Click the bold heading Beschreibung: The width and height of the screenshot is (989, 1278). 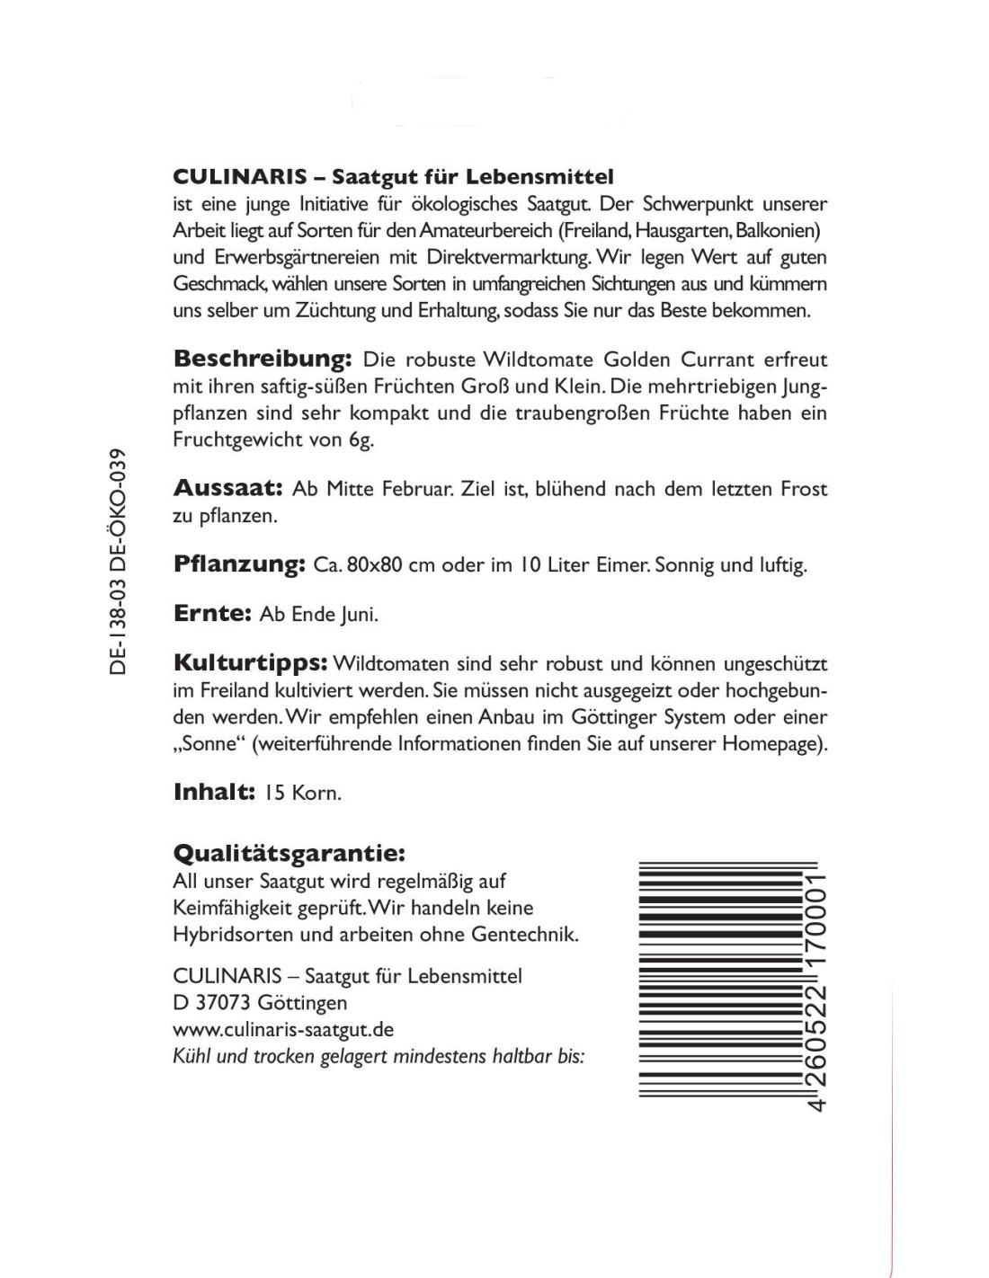pos(261,359)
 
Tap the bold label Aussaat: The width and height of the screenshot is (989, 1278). pos(227,489)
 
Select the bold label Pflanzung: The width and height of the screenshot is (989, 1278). pos(239,564)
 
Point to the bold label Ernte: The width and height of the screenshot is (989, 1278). pos(210,614)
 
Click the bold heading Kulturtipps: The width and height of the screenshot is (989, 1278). pos(249,663)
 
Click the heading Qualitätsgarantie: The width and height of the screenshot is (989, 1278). pos(288,851)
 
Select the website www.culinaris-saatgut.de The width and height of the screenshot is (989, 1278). pos(283,1030)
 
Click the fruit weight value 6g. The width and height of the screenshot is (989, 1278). pos(360,440)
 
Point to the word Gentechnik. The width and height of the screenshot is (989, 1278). pos(524,935)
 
